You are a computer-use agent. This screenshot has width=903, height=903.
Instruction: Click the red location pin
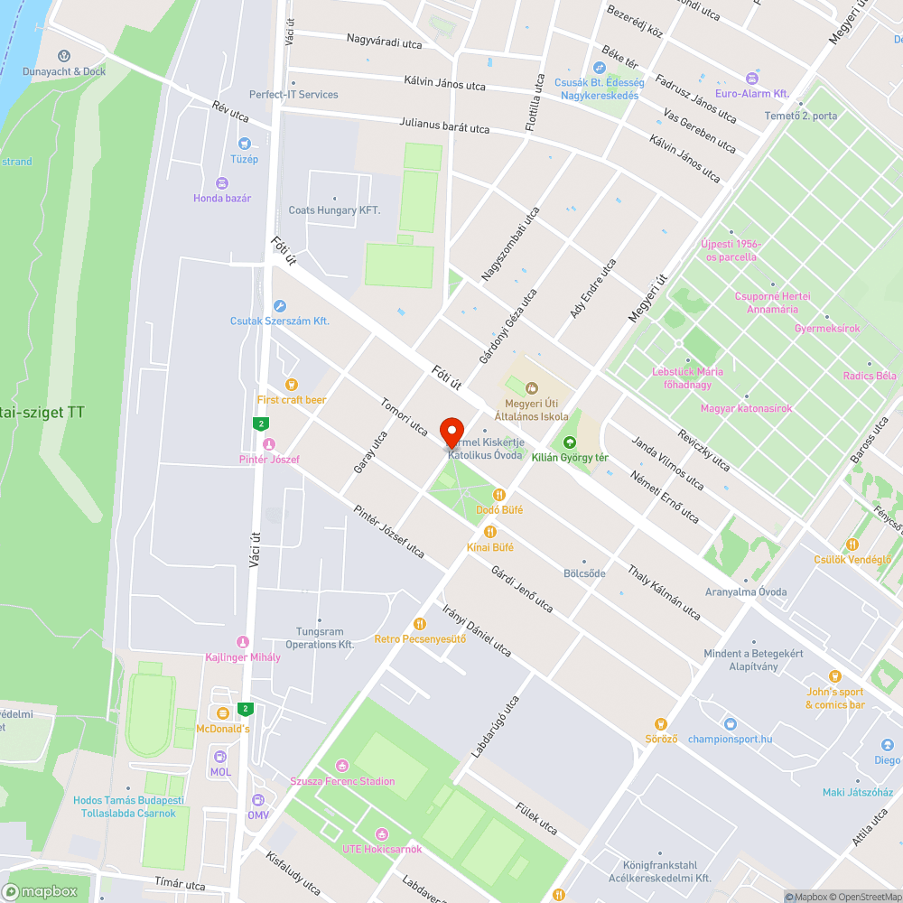click(x=451, y=431)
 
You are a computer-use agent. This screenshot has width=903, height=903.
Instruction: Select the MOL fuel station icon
click(x=220, y=757)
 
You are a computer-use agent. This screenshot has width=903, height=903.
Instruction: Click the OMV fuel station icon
click(x=258, y=800)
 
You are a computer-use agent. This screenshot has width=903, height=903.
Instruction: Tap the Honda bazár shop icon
click(x=222, y=182)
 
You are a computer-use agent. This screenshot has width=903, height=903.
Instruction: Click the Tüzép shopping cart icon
click(x=244, y=144)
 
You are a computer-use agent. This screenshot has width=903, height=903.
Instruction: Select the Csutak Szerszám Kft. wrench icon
click(x=280, y=306)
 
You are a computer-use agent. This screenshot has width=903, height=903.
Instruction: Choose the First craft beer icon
click(x=292, y=385)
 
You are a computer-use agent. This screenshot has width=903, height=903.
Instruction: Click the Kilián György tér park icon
click(x=570, y=442)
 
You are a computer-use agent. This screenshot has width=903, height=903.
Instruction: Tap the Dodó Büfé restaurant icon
click(x=499, y=495)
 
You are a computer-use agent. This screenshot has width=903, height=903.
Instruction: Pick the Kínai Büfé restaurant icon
click(x=490, y=532)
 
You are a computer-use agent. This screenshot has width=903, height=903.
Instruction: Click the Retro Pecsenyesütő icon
click(x=420, y=624)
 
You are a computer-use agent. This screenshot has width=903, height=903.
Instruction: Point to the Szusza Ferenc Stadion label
click(x=342, y=780)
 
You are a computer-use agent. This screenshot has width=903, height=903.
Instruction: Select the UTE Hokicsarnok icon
click(x=382, y=833)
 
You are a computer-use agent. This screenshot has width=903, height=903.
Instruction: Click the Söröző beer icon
click(x=661, y=723)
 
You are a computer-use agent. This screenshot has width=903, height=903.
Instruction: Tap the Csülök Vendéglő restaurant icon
click(x=852, y=545)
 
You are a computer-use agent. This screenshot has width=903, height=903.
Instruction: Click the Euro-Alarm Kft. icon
click(x=751, y=78)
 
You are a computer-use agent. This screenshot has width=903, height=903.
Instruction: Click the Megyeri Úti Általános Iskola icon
click(x=532, y=388)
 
